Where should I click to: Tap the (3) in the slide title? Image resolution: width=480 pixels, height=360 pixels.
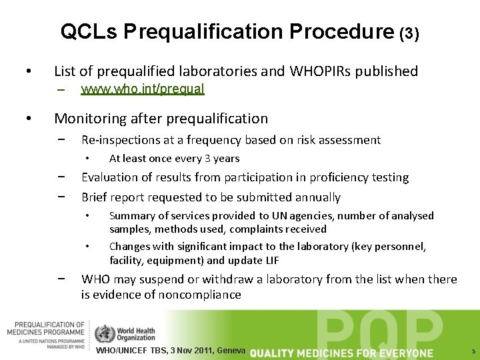[409, 33]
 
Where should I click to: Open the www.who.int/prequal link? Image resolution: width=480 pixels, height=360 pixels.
[142, 89]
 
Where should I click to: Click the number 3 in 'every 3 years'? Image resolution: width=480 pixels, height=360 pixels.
[209, 159]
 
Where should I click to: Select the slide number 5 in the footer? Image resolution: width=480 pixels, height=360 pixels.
[472, 351]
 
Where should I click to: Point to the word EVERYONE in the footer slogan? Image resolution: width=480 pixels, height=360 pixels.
[407, 353]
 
